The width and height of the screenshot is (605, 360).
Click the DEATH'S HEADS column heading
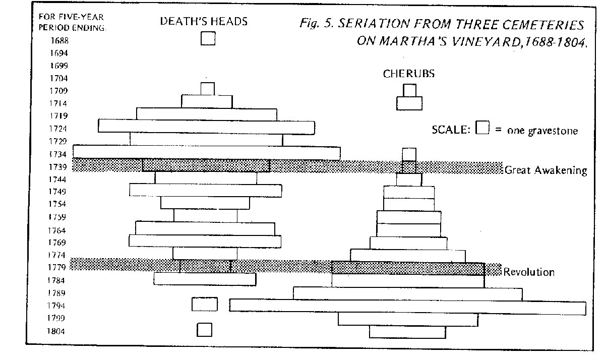click(204, 21)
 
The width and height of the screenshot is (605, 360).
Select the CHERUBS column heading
click(408, 74)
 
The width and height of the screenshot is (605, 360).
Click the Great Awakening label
click(546, 170)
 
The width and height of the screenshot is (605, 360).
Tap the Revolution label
click(529, 272)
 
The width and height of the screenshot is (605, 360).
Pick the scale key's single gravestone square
click(483, 128)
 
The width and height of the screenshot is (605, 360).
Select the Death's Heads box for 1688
click(208, 39)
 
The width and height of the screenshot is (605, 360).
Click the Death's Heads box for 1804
click(204, 330)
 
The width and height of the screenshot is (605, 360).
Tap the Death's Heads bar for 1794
click(205, 304)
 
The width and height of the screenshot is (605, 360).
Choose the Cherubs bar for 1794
click(407, 307)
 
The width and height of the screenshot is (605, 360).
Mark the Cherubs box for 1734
click(409, 154)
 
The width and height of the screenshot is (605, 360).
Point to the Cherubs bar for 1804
click(407, 332)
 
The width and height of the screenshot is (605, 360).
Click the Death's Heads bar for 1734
click(207, 152)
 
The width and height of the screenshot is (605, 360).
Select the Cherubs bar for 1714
click(409, 103)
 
